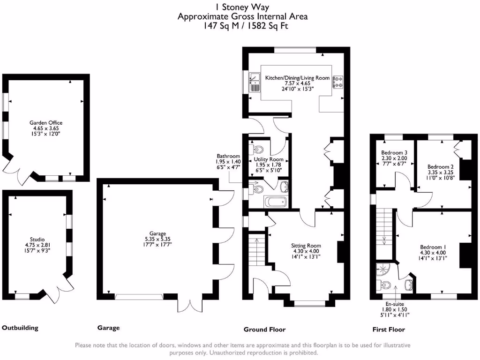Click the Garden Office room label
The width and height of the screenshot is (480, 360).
(46, 123)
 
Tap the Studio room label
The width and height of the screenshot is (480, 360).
(37, 240)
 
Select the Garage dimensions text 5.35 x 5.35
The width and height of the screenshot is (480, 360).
(157, 239)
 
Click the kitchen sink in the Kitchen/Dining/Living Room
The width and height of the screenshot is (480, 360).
(255, 82)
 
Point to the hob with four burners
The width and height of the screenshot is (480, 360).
(337, 82)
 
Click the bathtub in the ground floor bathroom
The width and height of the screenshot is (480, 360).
(275, 202)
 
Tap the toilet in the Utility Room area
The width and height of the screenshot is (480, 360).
(256, 150)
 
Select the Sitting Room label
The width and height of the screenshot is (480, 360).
(306, 246)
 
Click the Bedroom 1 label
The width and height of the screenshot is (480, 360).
(433, 247)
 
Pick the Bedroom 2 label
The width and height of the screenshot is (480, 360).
(441, 167)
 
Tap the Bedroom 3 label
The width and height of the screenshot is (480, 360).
(394, 152)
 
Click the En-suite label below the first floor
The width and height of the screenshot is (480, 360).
(395, 304)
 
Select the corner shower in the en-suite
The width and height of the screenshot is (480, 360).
(382, 269)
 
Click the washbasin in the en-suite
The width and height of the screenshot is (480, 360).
(409, 285)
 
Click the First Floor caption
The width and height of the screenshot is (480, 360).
(389, 330)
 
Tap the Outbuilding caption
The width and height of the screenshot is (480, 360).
(20, 328)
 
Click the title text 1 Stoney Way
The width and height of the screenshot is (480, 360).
(242, 7)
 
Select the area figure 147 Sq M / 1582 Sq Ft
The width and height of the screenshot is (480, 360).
(246, 26)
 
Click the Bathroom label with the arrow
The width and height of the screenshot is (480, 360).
(228, 156)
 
